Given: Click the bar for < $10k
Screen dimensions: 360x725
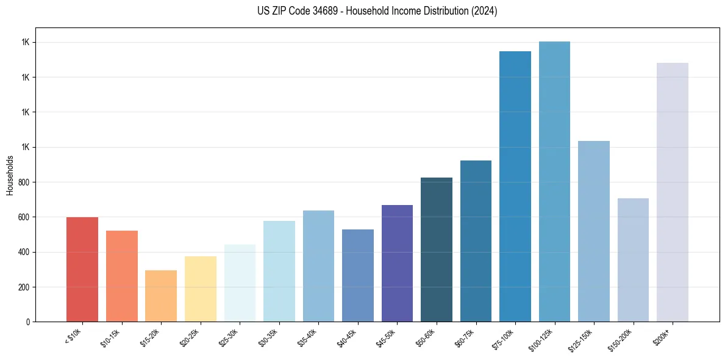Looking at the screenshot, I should (82, 269).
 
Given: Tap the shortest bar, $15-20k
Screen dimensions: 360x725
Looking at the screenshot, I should (161, 296).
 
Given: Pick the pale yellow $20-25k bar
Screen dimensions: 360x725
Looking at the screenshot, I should (200, 289).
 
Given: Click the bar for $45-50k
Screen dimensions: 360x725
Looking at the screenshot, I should (397, 263).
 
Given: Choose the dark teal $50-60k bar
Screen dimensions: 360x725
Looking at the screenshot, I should (437, 250).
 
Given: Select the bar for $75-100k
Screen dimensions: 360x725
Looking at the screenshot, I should (515, 186).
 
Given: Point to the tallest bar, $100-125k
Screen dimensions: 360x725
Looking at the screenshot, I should (554, 181).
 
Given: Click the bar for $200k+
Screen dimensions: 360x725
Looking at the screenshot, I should (673, 192).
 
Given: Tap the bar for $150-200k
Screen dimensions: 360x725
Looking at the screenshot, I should (633, 260).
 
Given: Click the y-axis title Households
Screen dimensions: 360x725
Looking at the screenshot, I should (10, 175).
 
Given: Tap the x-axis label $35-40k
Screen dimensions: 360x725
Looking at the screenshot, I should (309, 337).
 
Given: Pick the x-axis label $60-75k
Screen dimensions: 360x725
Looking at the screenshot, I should (466, 337).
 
